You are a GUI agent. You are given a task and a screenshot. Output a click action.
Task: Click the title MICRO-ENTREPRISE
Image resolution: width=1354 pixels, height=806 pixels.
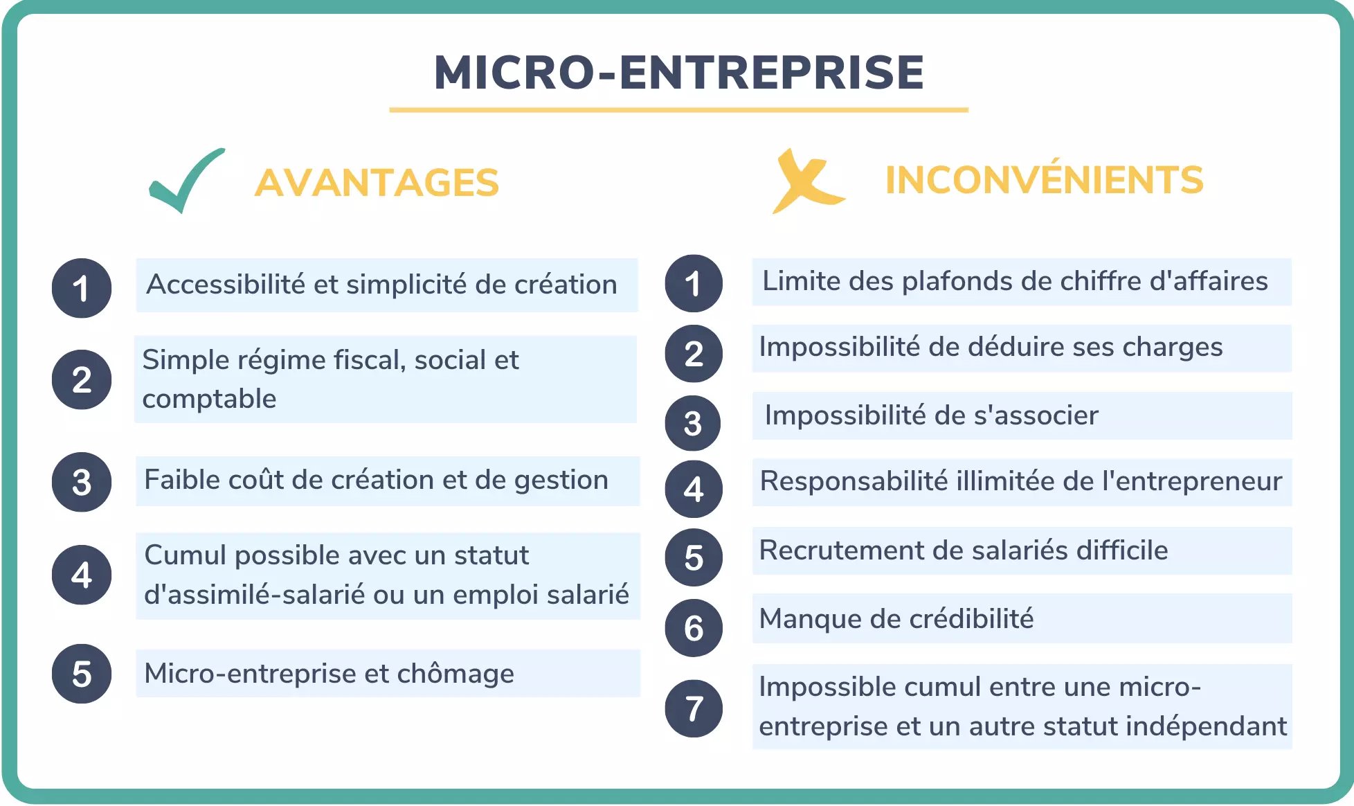(678, 73)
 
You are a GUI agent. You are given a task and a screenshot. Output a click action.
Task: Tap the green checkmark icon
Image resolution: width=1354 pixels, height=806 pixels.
(186, 181)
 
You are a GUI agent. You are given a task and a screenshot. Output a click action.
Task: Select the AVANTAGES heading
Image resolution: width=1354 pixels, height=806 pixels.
(377, 183)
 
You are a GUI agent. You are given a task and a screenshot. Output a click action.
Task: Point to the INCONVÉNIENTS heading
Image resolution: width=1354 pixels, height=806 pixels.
(1044, 180)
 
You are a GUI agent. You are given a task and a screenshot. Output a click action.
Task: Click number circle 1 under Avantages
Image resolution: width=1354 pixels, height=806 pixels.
(82, 288)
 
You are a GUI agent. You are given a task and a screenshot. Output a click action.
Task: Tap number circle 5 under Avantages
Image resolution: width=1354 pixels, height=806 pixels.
(82, 674)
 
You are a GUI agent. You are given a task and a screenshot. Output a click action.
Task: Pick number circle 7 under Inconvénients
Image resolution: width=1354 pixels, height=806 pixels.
(694, 708)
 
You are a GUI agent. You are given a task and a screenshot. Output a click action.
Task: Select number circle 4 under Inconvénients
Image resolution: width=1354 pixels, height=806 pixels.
(694, 490)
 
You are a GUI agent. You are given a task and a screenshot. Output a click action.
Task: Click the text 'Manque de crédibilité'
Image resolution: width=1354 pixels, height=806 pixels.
(896, 619)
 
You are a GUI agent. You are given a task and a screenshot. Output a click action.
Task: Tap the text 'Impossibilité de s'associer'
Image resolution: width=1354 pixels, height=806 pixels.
(931, 415)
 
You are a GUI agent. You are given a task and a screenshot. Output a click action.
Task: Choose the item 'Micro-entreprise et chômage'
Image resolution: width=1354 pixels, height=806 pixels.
(329, 674)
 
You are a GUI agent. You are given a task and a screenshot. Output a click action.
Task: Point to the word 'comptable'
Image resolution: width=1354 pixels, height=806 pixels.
(209, 400)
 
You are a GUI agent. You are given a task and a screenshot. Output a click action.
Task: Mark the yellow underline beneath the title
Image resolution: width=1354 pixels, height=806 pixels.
(678, 109)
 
